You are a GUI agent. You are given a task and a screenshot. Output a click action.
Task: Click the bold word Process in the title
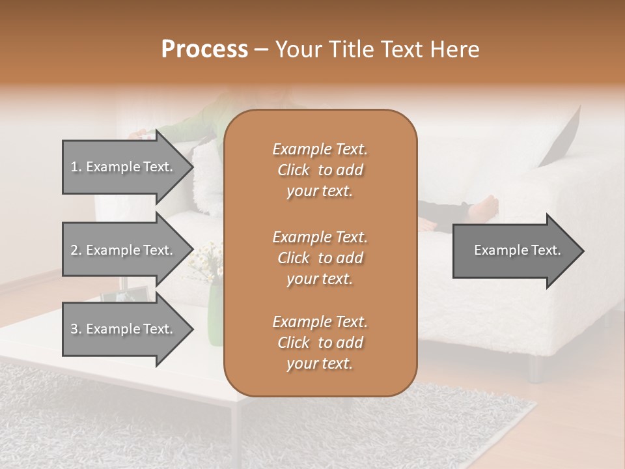[204, 50]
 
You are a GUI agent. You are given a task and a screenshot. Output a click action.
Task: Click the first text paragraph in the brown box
[320, 170]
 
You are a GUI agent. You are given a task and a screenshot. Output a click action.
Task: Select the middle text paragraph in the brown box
[320, 257]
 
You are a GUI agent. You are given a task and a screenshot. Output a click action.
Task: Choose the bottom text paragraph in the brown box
[320, 343]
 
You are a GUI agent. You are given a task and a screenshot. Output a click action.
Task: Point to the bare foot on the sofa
[483, 207]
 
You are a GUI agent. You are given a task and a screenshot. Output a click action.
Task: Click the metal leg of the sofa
[535, 369]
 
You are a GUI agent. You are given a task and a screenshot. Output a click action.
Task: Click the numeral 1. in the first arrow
[76, 167]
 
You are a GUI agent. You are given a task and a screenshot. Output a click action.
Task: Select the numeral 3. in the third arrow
[76, 329]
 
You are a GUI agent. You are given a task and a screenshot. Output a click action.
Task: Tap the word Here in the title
[456, 50]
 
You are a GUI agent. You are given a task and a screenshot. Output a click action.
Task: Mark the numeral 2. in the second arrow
[76, 250]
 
